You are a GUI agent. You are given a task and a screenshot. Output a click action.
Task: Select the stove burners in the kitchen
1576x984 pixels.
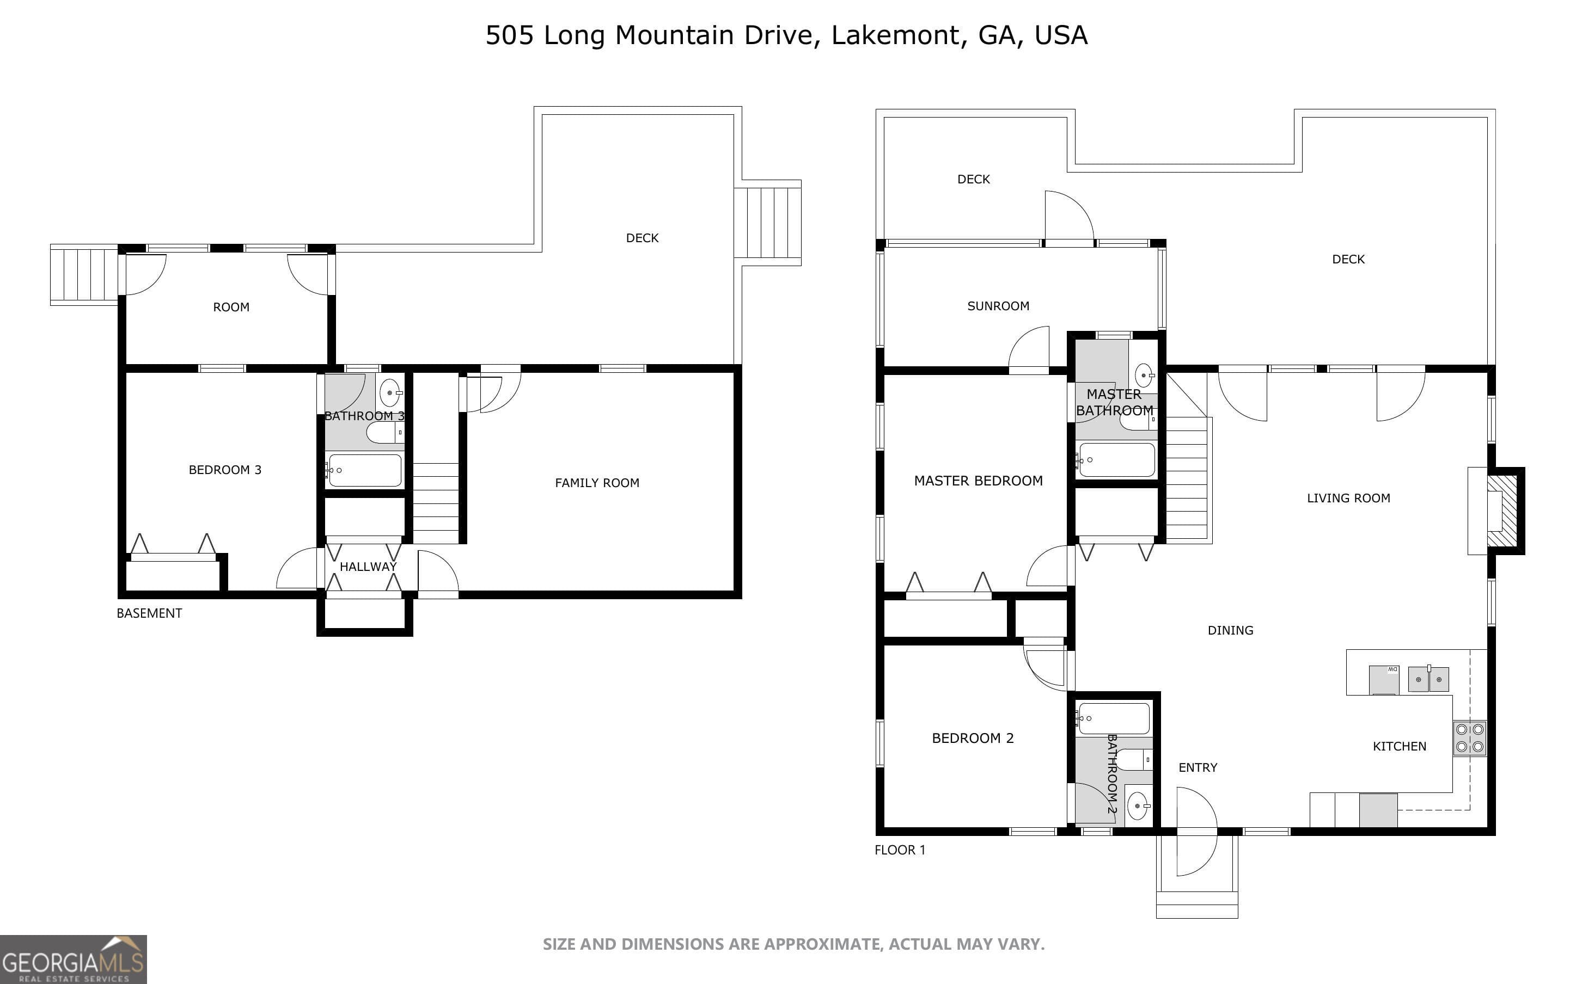(1469, 738)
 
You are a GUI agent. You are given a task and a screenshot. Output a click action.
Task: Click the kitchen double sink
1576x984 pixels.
(1428, 679)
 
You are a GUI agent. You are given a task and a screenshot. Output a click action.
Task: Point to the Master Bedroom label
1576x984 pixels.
(978, 481)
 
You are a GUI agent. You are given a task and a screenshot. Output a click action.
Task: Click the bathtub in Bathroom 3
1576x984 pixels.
(364, 470)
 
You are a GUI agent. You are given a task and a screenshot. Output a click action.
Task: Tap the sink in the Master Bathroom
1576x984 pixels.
(1144, 376)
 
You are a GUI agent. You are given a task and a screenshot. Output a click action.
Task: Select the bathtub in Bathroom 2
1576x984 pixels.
(1113, 718)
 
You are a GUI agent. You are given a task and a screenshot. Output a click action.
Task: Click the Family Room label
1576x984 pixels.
(597, 483)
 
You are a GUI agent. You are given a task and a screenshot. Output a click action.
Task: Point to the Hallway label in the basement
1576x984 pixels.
(368, 567)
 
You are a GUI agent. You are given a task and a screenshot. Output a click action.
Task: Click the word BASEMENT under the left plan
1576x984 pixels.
(149, 613)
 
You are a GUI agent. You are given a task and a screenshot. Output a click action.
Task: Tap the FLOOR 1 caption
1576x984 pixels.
(899, 850)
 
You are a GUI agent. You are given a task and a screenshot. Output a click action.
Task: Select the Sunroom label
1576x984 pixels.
(998, 306)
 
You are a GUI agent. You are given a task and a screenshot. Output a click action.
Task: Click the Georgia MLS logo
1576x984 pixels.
(73, 960)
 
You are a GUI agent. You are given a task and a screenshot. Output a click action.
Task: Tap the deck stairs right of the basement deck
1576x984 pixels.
(772, 223)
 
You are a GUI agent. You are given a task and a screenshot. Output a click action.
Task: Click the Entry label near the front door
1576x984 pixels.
(1197, 767)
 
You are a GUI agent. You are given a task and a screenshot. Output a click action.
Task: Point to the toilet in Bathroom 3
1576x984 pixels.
(384, 432)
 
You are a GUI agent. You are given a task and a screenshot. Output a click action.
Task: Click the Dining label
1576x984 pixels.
(1230, 630)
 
